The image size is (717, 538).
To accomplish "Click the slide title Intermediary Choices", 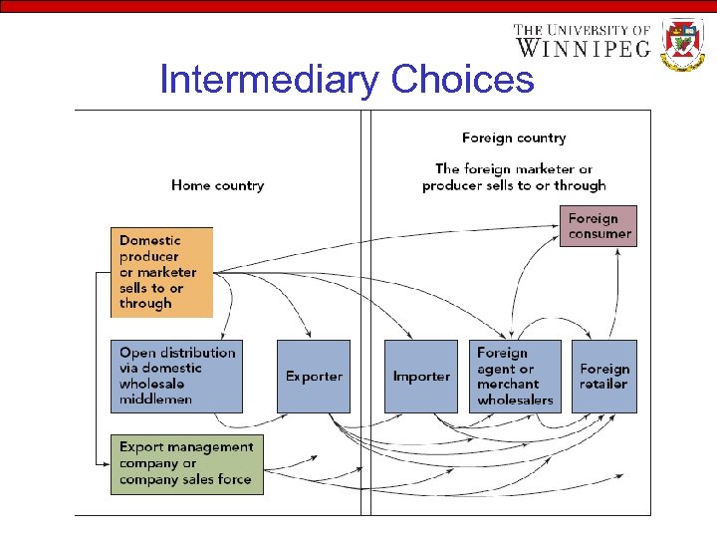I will [x=347, y=80].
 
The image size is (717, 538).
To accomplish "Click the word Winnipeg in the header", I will [x=583, y=46].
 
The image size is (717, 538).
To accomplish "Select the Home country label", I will [x=217, y=185].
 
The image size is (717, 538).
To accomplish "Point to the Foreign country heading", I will [x=514, y=138].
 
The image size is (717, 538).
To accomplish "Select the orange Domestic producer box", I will [x=161, y=272].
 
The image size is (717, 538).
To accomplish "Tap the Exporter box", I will [x=314, y=377].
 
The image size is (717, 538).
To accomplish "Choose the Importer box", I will [x=421, y=377].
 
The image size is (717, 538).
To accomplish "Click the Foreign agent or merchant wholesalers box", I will [x=515, y=377].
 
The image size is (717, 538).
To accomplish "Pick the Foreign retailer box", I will [x=604, y=377].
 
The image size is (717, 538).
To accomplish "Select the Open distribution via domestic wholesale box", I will [x=176, y=377].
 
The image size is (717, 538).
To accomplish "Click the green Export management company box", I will [x=187, y=463].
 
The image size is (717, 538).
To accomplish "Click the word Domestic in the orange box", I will [x=151, y=240].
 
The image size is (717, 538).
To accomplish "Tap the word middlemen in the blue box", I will [x=156, y=400].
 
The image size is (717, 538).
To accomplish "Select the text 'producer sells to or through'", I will [x=514, y=185].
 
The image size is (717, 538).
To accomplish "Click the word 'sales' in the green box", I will [x=203, y=479].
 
